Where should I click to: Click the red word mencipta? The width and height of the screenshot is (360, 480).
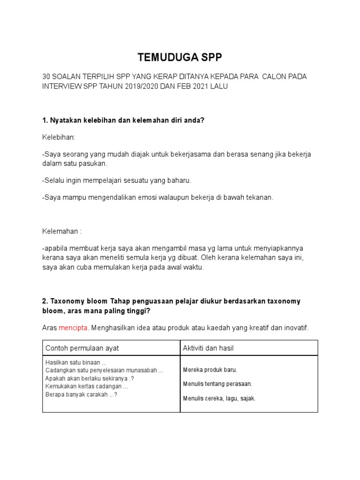pyautogui.click(x=73, y=328)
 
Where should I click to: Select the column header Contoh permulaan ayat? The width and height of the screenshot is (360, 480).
pyautogui.click(x=82, y=348)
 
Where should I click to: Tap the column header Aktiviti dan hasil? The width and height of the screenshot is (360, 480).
pyautogui.click(x=209, y=348)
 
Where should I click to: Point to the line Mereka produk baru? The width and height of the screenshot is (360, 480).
pyautogui.click(x=210, y=370)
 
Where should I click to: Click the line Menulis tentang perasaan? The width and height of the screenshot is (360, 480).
pyautogui.click(x=218, y=384)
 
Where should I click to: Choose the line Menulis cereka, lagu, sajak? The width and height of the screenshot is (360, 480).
pyautogui.click(x=219, y=398)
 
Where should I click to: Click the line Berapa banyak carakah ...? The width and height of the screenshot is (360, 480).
pyautogui.click(x=81, y=395)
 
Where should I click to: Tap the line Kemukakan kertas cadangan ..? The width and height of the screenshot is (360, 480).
pyautogui.click(x=87, y=387)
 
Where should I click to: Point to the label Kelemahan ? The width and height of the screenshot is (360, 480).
pyautogui.click(x=61, y=231)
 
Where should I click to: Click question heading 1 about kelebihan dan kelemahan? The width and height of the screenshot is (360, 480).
pyautogui.click(x=123, y=120)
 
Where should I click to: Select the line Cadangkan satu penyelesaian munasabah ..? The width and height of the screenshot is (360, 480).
pyautogui.click(x=105, y=371)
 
